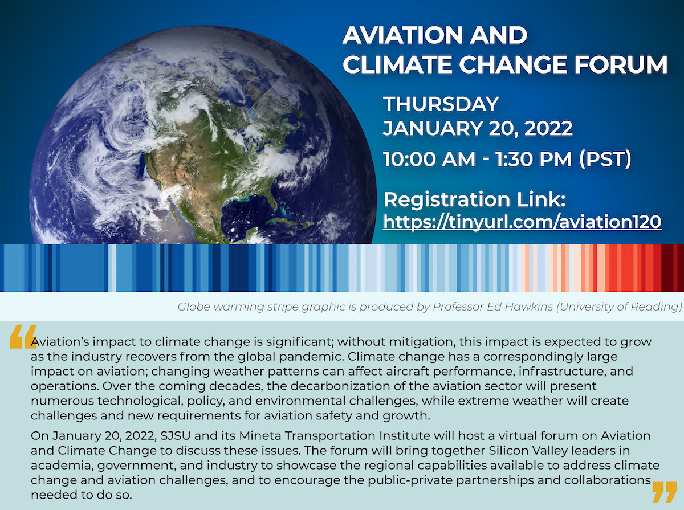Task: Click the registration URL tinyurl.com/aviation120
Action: pyautogui.click(x=522, y=221)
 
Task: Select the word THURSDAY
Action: pyautogui.click(x=441, y=104)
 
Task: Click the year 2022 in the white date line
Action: pyautogui.click(x=547, y=128)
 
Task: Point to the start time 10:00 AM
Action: pyautogui.click(x=429, y=159)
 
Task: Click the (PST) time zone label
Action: pyautogui.click(x=605, y=159)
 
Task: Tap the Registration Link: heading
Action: pyautogui.click(x=474, y=199)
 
